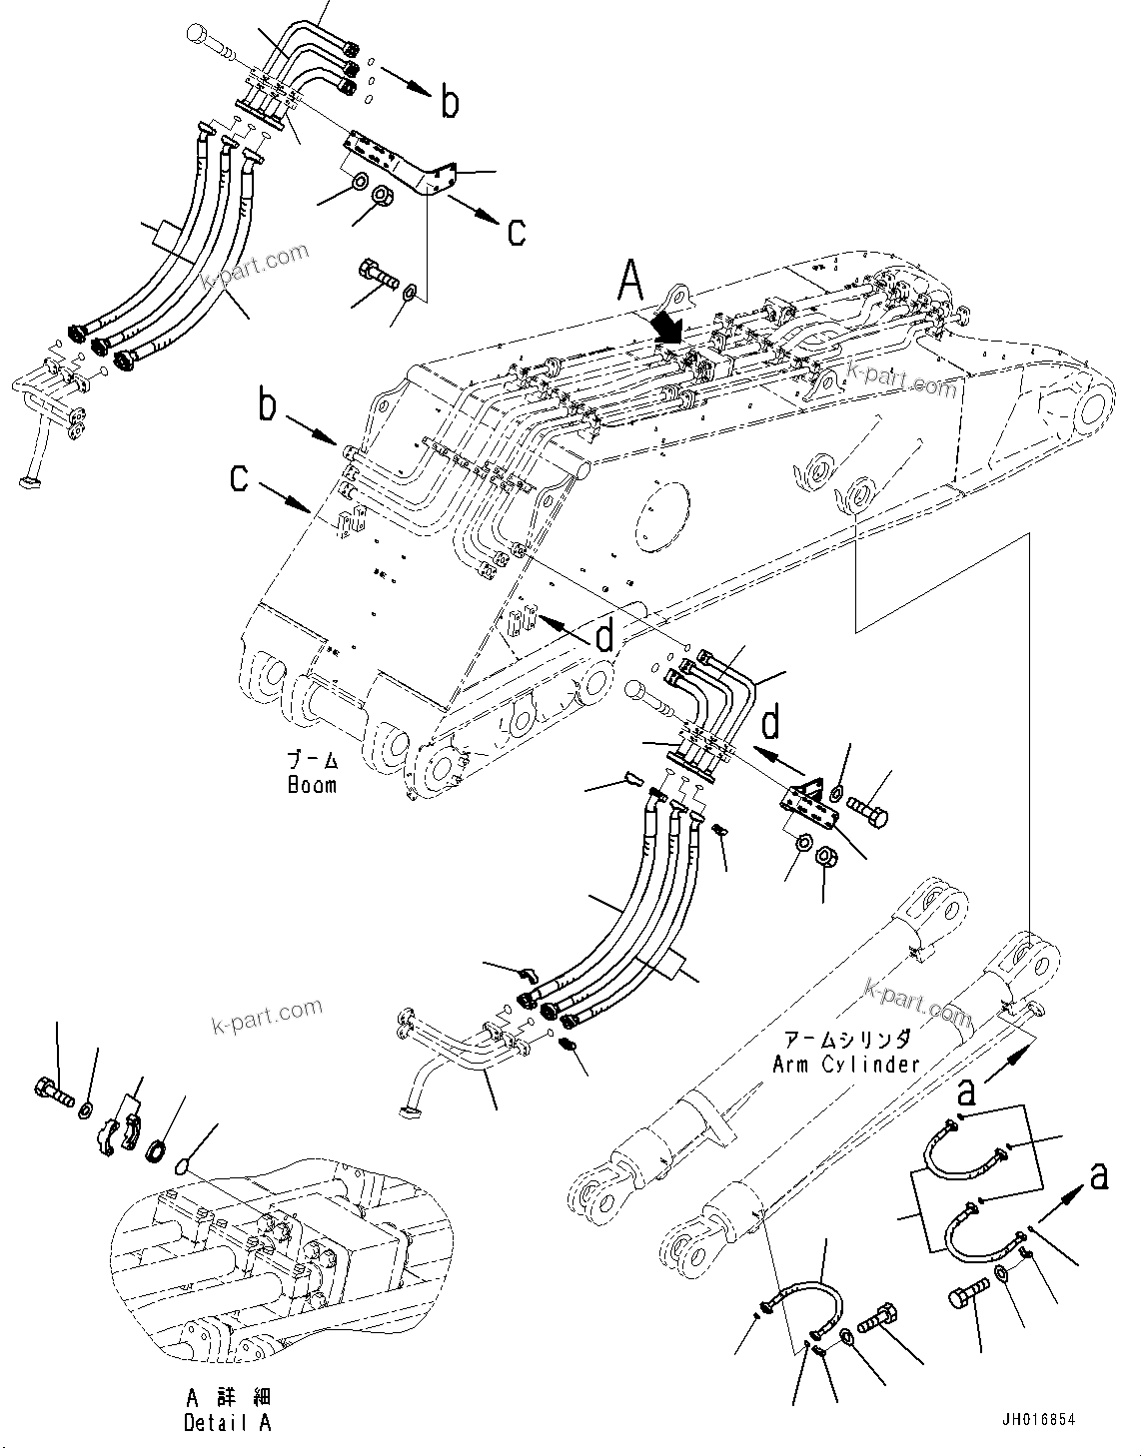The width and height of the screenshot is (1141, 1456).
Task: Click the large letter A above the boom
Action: point(630,281)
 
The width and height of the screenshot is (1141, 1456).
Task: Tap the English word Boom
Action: point(312,784)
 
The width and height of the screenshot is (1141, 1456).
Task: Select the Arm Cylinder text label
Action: point(845,1064)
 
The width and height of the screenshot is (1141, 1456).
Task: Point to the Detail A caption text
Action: point(227,1422)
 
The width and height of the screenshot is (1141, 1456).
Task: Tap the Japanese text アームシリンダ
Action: point(845,1039)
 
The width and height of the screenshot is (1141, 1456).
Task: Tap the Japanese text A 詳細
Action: point(227,1397)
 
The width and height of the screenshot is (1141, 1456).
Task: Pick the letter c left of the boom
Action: point(239,477)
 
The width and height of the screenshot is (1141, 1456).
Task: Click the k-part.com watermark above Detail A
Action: point(267,1017)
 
